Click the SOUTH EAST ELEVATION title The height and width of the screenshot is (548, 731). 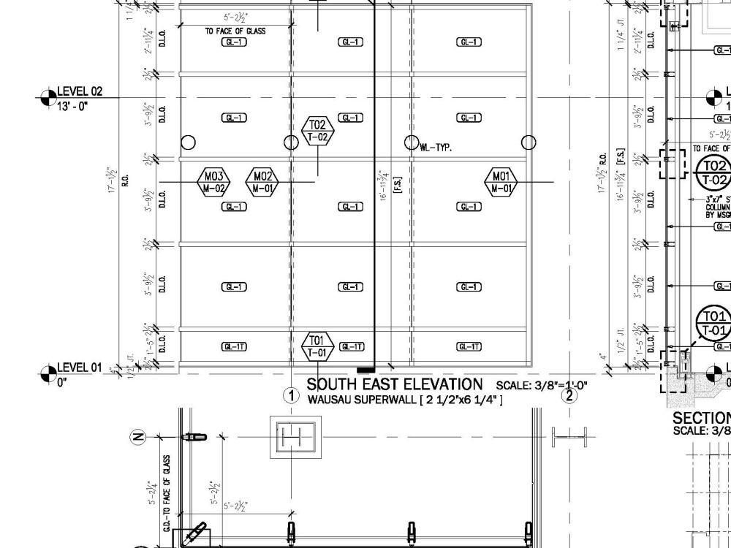coord(395,384)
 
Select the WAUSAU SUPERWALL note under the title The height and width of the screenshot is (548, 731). coord(404,400)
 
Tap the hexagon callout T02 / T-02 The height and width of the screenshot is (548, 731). coord(317,131)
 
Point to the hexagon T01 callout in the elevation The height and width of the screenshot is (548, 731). coord(317,346)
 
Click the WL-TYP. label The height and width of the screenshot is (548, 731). coord(436,148)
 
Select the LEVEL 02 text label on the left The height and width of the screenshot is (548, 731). coord(80,91)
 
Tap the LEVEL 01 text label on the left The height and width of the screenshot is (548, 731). coord(80,368)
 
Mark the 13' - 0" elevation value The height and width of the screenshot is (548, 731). coord(72,106)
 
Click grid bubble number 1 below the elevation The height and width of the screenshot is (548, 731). coord(292,396)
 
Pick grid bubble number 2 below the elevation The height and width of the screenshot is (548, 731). coord(569,396)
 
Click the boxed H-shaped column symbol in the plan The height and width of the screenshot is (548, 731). coord(295,438)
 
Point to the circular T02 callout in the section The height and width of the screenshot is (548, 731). coord(713,172)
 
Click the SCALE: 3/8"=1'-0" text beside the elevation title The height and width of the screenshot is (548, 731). coord(542,385)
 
